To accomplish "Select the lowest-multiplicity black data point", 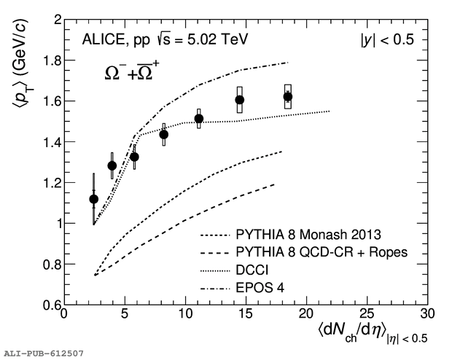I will click(93, 199).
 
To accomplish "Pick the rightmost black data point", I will click(288, 96).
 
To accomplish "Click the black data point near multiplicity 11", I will click(199, 119).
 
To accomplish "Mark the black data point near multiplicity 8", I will click(164, 134).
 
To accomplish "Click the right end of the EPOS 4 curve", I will click(288, 63).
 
